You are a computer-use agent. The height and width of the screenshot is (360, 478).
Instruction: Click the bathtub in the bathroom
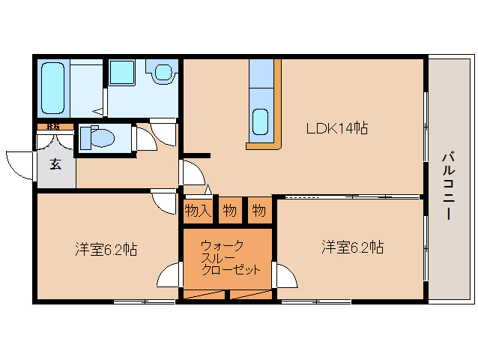click(x=53, y=87)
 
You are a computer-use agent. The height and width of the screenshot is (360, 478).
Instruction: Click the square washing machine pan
click(x=121, y=73)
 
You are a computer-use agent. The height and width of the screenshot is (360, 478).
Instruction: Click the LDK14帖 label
click(x=336, y=128)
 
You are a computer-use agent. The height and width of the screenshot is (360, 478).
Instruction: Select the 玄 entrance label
click(x=55, y=164)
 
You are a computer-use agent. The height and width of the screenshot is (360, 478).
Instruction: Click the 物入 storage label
click(x=197, y=211)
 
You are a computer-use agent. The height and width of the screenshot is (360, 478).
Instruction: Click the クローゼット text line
click(x=231, y=269)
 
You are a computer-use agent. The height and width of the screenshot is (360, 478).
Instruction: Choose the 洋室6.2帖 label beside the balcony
click(x=353, y=247)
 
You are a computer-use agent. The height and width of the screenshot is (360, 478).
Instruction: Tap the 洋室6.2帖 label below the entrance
click(x=106, y=249)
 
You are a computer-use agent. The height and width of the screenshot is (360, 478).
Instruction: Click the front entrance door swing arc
click(x=18, y=163)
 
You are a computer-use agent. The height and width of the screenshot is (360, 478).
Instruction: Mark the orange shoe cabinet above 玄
click(x=54, y=127)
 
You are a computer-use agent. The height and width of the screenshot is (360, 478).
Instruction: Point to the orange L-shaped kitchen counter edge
click(x=276, y=112)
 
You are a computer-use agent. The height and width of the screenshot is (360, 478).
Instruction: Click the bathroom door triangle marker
click(x=98, y=112)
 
